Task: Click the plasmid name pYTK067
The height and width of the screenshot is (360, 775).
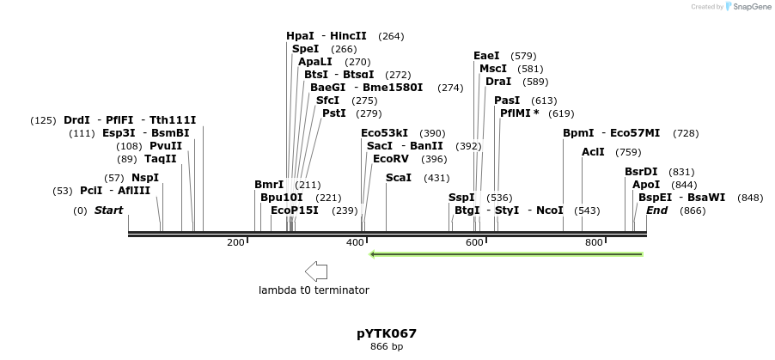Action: [x=387, y=333]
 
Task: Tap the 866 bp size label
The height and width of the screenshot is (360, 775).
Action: [x=387, y=347]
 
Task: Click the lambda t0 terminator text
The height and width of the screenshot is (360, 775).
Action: [x=314, y=290]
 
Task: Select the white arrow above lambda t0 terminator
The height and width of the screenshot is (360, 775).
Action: [x=316, y=272]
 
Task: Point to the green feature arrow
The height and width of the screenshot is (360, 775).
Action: [x=506, y=254]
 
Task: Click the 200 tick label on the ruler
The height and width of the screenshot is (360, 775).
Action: [x=235, y=243]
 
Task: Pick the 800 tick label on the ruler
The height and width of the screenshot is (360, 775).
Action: [x=594, y=243]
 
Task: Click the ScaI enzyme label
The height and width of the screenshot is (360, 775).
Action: [x=399, y=178]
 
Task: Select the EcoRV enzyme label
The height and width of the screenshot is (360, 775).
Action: [x=391, y=159]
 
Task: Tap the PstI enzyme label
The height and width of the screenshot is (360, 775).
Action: [x=334, y=113]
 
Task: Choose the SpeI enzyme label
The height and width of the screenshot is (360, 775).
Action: [x=305, y=49]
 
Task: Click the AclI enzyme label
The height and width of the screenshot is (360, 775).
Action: [x=593, y=152]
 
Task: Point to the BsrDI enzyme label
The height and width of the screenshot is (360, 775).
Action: [x=641, y=172]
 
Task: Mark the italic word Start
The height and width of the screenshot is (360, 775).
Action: [x=108, y=211]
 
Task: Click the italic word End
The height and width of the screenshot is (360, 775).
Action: [x=656, y=211]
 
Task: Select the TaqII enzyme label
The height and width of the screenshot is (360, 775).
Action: [x=160, y=159]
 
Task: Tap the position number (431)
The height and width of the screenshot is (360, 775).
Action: [x=437, y=178]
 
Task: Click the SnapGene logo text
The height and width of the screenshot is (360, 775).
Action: [x=749, y=7]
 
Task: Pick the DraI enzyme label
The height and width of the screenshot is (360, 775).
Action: [x=498, y=82]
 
